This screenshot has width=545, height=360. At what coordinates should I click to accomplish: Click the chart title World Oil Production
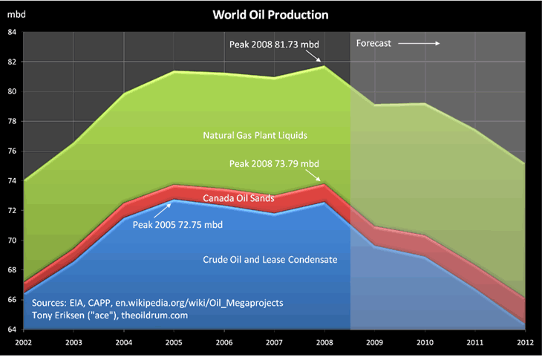pos(270,15)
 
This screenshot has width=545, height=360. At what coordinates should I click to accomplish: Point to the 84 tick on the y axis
pos(12,32)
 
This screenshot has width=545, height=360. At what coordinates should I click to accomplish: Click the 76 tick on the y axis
pos(12,151)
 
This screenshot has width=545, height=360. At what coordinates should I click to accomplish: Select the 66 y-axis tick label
pos(12,299)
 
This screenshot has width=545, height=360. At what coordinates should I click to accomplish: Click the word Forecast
pos(373,43)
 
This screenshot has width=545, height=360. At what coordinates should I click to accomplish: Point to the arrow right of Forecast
pos(420,43)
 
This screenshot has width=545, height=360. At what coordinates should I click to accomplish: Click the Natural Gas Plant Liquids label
pos(255,136)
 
